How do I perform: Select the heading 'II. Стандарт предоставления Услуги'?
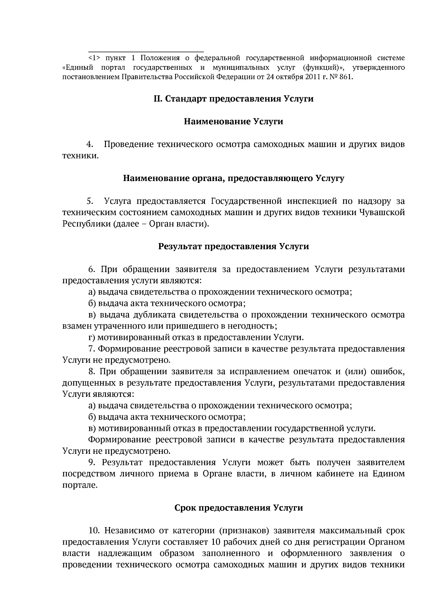pos(233,99)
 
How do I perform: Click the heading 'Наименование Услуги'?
pos(233,122)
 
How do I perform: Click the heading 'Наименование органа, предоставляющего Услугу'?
pos(233,178)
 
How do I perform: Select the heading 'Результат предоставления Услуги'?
pos(233,247)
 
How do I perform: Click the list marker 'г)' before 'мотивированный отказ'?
pos(92,337)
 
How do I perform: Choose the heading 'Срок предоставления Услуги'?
pos(238,508)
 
